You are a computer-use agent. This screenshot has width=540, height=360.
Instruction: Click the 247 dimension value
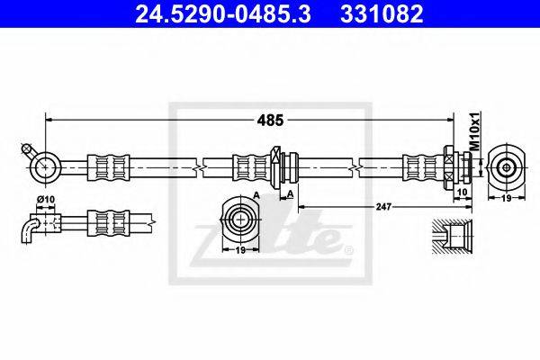[381, 205]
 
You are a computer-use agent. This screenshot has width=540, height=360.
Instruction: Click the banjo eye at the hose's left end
[43, 165]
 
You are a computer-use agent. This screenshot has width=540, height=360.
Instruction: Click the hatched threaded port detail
[450, 236]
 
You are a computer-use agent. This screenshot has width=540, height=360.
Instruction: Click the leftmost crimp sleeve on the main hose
[106, 166]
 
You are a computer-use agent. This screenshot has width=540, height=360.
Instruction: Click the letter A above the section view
[256, 195]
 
